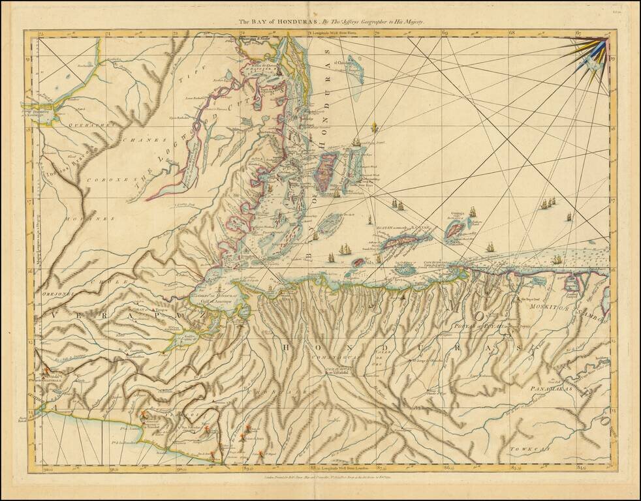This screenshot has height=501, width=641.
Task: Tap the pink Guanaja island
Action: coord(455,230)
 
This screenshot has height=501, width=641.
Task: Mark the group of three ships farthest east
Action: coord(548,204)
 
